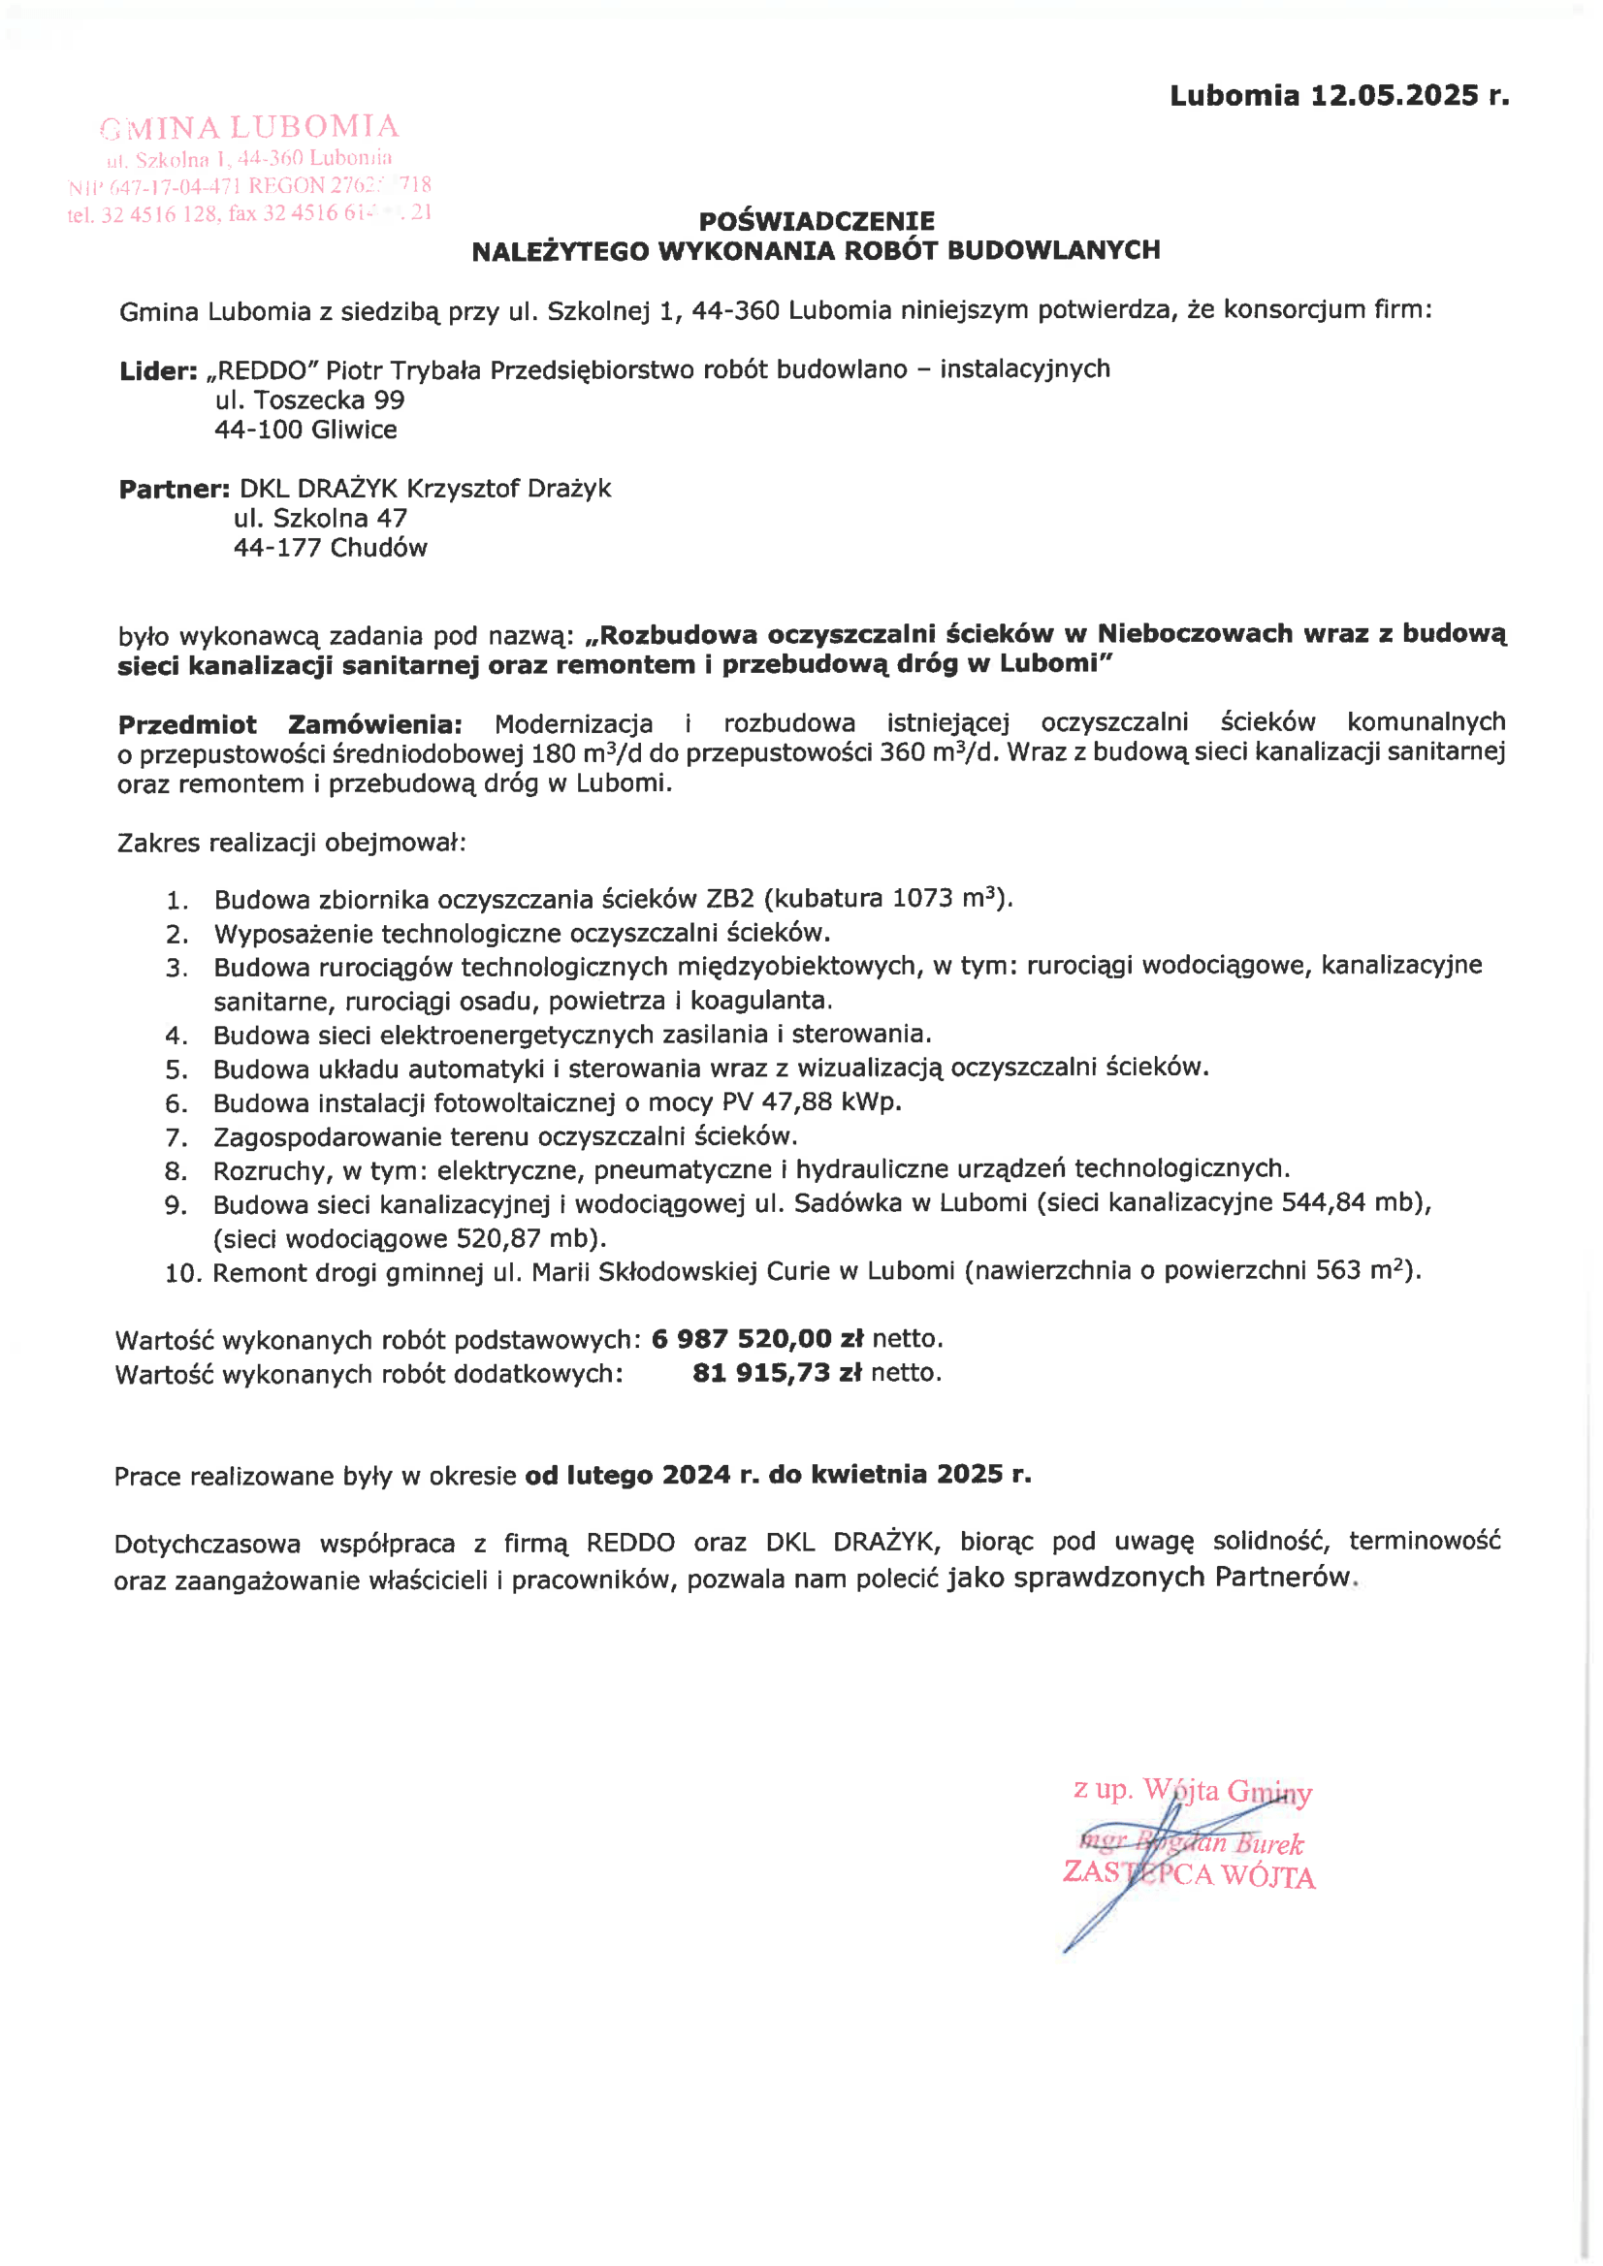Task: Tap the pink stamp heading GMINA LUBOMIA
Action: [x=250, y=127]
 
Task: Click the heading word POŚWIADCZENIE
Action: [x=817, y=220]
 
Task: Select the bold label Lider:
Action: [x=158, y=371]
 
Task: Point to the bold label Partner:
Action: [x=174, y=490]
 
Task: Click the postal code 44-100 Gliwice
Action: [x=306, y=431]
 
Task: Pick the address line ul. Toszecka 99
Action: [x=310, y=400]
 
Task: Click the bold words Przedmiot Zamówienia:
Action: [x=289, y=724]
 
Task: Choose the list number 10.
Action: [x=182, y=1273]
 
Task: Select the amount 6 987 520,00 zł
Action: [x=757, y=1339]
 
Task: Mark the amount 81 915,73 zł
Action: [x=777, y=1373]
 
